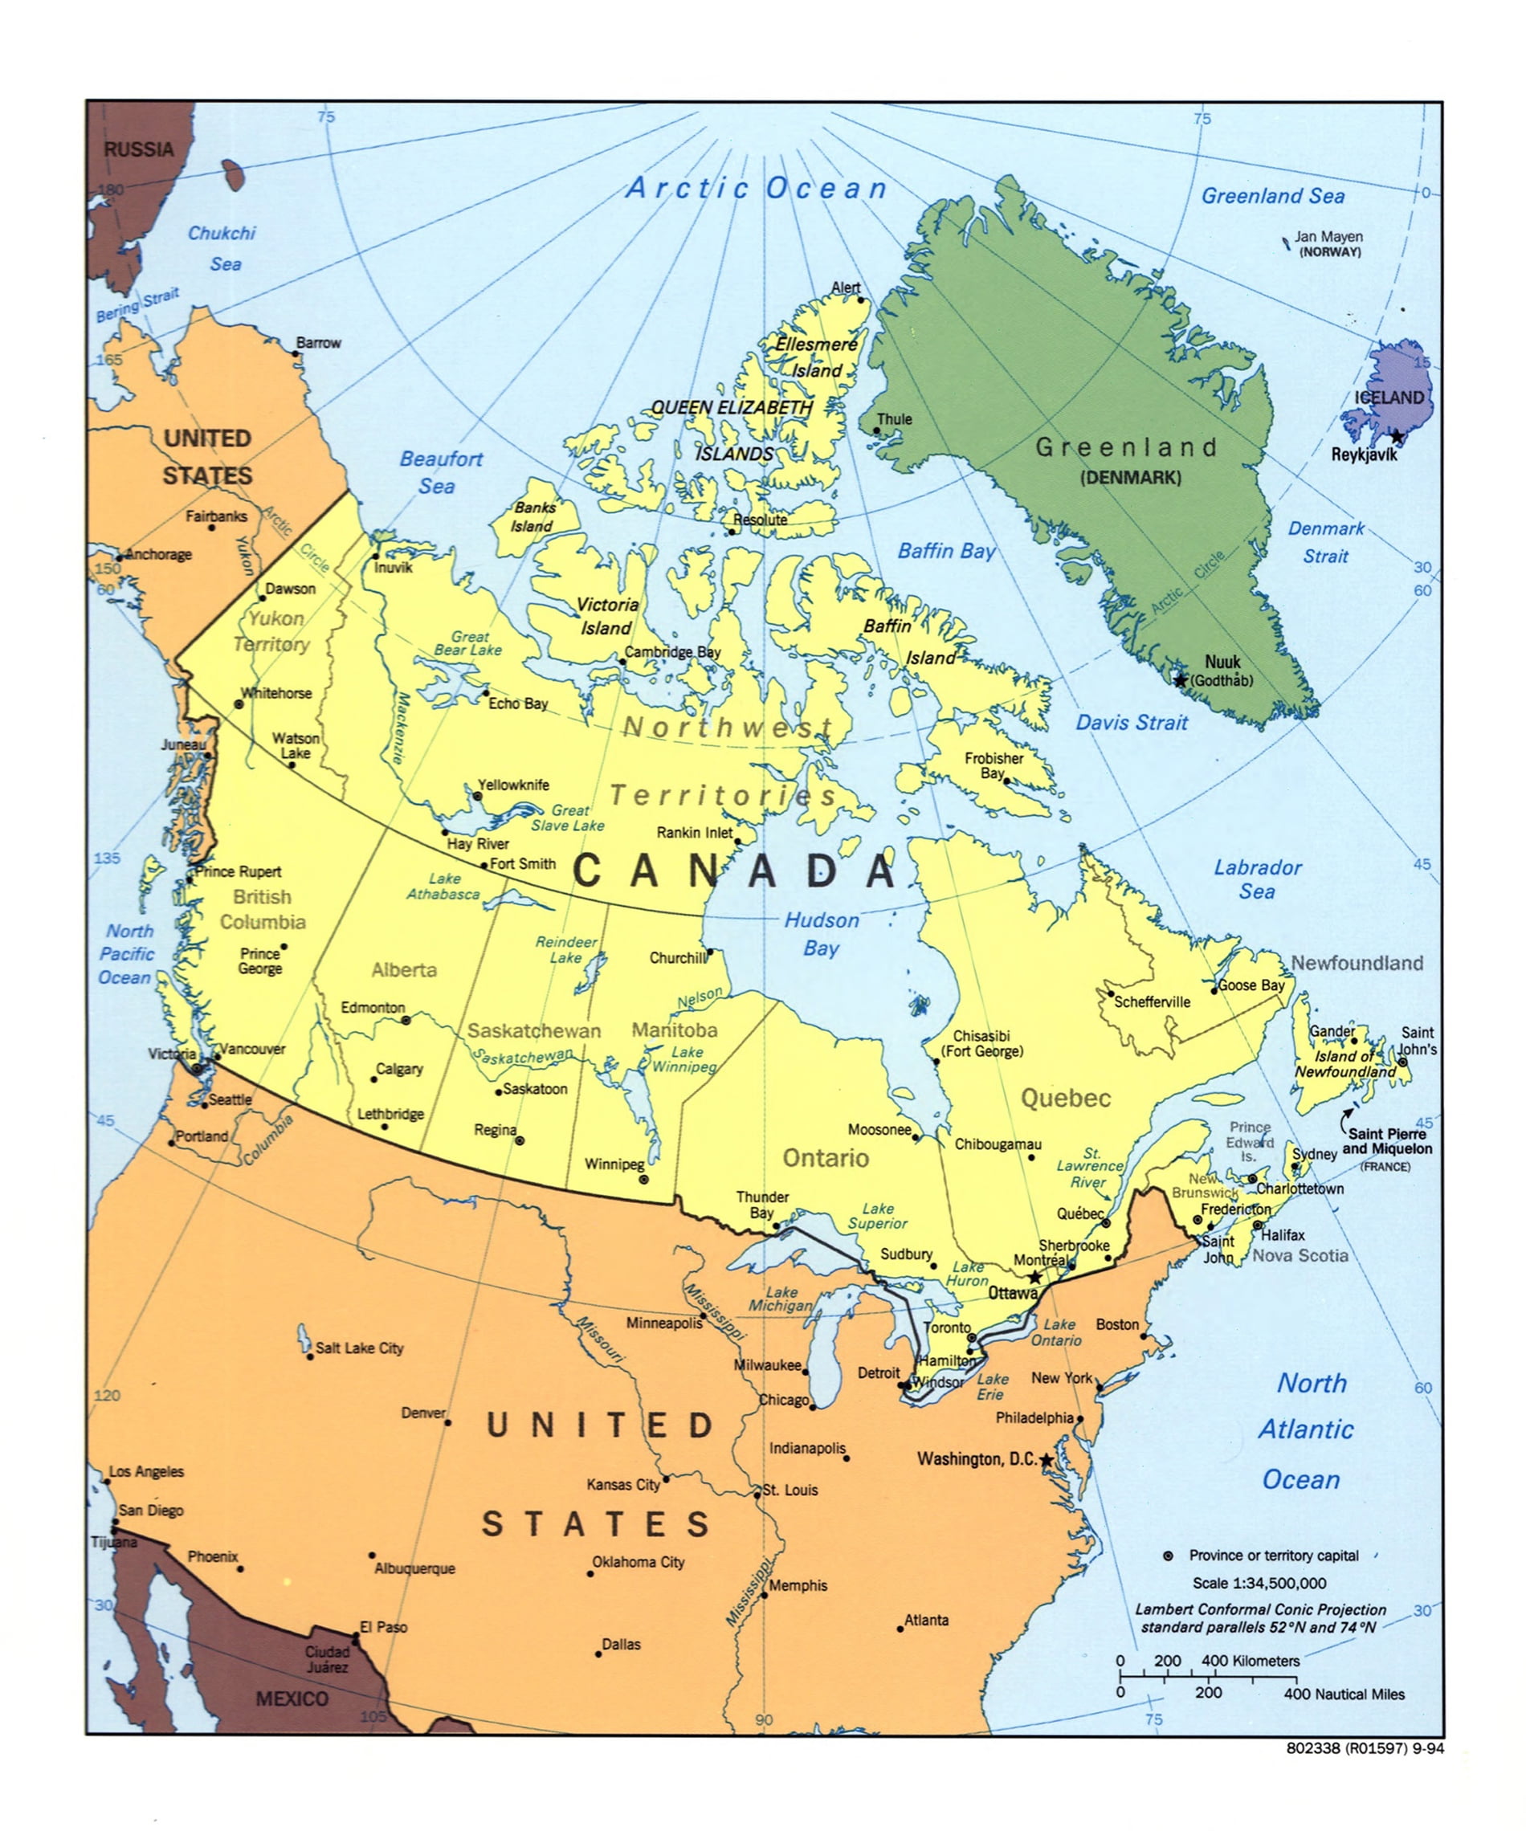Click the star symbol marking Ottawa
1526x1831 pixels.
point(1034,1278)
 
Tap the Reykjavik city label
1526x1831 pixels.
point(1364,455)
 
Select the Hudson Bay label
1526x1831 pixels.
point(821,934)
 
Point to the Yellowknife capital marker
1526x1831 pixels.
point(478,796)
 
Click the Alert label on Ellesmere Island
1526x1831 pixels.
point(845,287)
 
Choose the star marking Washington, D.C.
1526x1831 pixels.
point(1047,1459)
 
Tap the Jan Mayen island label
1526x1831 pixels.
point(1328,236)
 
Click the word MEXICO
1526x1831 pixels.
point(292,1698)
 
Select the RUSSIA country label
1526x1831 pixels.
point(139,149)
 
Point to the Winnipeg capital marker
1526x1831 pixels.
point(643,1179)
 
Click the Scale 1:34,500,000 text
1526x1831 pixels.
point(1259,1583)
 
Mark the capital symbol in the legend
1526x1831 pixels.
point(1169,1556)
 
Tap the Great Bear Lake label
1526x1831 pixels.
point(468,643)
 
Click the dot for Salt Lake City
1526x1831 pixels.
point(309,1356)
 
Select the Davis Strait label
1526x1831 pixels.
point(1131,722)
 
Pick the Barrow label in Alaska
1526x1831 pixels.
point(318,343)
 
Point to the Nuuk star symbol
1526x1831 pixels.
point(1180,680)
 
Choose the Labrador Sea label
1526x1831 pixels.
point(1257,879)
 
